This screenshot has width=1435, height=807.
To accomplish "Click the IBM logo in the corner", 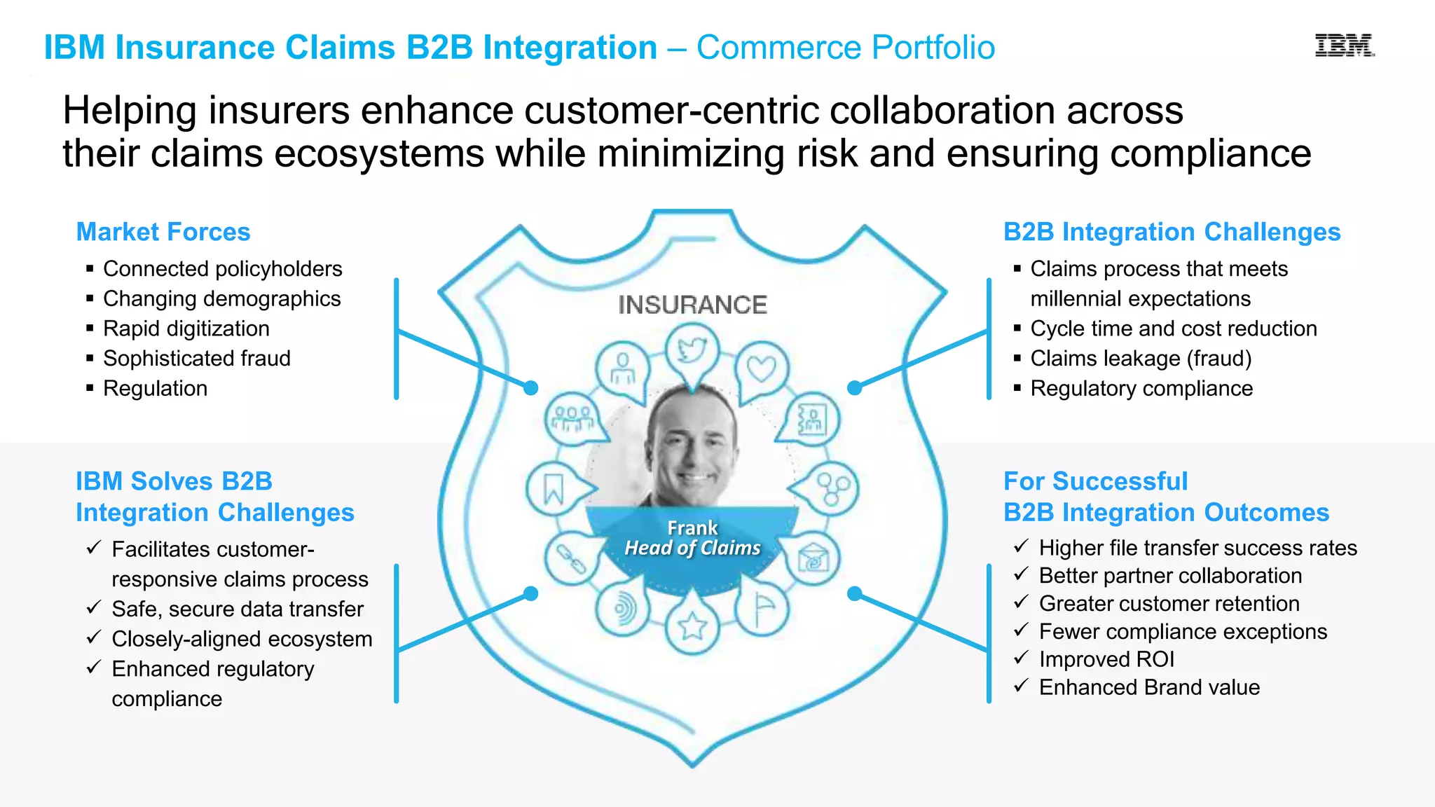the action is [1344, 46].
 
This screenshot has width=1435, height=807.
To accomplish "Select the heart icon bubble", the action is [762, 367].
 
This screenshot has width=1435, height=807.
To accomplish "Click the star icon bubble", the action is [693, 626].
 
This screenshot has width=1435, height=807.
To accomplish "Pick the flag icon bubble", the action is [762, 608].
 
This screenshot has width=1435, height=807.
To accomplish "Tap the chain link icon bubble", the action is [571, 558].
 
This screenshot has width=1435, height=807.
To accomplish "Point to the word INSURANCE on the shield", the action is [692, 305].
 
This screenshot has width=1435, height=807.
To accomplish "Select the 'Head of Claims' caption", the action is [692, 548].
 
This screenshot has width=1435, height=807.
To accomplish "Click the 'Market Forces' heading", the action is [163, 232].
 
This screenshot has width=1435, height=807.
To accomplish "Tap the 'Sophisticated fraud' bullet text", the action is [197, 358].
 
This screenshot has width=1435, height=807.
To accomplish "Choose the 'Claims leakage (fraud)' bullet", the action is [1141, 358].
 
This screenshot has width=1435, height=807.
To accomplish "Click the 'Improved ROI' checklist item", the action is [1106, 659].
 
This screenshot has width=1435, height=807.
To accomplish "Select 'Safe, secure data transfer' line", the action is [238, 609].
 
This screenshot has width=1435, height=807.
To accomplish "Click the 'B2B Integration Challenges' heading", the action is [1172, 232].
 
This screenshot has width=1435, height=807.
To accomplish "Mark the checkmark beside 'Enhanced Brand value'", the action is [1021, 685].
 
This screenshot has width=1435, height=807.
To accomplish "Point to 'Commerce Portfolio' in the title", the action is [845, 48].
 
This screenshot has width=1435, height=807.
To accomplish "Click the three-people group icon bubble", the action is [572, 418].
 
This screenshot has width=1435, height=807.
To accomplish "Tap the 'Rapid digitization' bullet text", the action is [186, 329].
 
